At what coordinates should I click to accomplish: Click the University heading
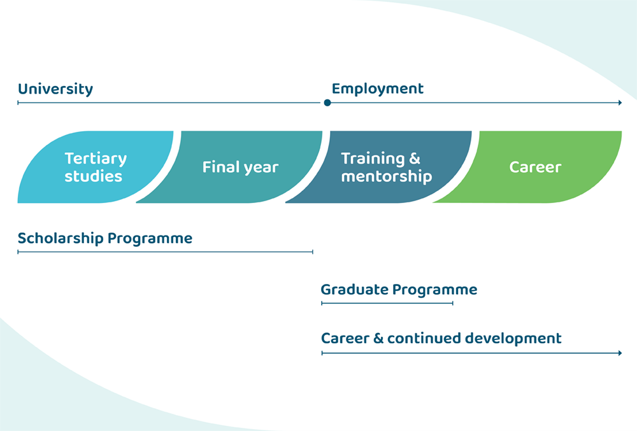(55, 89)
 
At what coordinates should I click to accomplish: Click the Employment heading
(377, 89)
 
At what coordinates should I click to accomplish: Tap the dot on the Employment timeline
(327, 102)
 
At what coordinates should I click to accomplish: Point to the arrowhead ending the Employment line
(620, 102)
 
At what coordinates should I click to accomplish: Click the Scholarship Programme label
(105, 239)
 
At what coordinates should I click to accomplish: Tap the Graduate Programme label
(399, 290)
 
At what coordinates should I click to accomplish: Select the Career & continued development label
(441, 338)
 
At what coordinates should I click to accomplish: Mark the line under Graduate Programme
(387, 303)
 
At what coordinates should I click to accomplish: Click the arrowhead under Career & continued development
(620, 353)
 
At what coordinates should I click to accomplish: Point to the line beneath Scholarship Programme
(166, 252)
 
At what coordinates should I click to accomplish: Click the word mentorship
(387, 176)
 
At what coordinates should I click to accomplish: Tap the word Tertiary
(96, 159)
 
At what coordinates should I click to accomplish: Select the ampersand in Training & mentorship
(415, 158)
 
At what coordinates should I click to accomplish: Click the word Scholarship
(61, 239)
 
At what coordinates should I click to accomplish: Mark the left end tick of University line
(18, 102)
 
